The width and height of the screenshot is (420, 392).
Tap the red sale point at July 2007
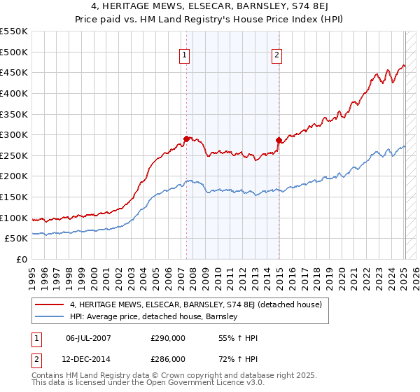(x=186, y=139)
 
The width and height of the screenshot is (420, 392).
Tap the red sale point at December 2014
(x=279, y=140)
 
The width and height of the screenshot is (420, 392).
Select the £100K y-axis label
(x=14, y=218)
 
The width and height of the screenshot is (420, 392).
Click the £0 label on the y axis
(x=22, y=259)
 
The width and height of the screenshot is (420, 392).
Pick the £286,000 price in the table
(x=168, y=358)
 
